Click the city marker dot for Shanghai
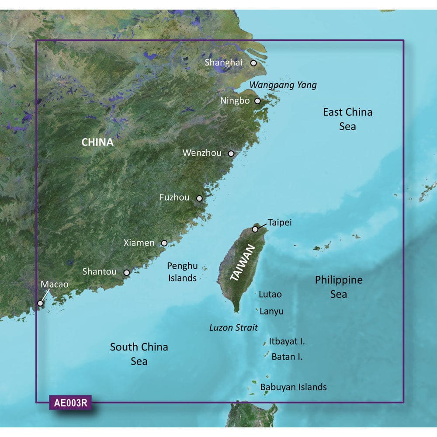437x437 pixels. [x=253, y=63]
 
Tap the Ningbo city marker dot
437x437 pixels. [x=257, y=101]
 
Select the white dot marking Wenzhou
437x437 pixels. [x=231, y=154]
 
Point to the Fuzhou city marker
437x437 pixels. [x=199, y=198]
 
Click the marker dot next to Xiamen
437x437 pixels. [x=164, y=243]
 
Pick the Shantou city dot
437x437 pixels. [x=126, y=273]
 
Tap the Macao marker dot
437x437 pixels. [x=40, y=303]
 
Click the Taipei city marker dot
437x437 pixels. [x=255, y=229]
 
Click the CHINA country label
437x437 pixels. [x=97, y=142]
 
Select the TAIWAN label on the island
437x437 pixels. [x=242, y=263]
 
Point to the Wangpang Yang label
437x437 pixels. [x=283, y=85]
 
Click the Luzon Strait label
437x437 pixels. [x=234, y=327]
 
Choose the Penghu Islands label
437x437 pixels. [x=182, y=271]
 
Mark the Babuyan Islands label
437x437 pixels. [x=293, y=387]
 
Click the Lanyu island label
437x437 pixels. [x=271, y=312]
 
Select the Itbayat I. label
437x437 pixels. [x=287, y=341]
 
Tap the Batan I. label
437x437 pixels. [x=287, y=357]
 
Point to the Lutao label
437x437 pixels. [x=270, y=295]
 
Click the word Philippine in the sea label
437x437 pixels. [x=339, y=280]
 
